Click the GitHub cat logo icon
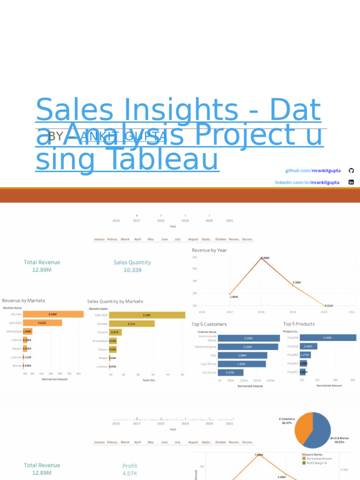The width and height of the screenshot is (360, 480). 351,170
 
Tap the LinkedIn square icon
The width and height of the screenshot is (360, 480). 351,182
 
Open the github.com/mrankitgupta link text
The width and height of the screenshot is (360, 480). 313,170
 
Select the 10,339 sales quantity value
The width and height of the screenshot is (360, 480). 132,270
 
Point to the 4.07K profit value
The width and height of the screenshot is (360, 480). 130,473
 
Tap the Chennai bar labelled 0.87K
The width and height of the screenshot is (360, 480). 115,332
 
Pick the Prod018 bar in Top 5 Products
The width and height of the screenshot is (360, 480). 328,337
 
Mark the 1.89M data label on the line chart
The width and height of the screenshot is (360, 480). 233,297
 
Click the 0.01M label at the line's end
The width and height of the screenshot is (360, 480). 330,306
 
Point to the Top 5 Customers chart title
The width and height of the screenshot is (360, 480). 209,324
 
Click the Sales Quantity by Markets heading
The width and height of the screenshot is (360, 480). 115,301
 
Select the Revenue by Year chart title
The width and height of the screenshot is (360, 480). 209,250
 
